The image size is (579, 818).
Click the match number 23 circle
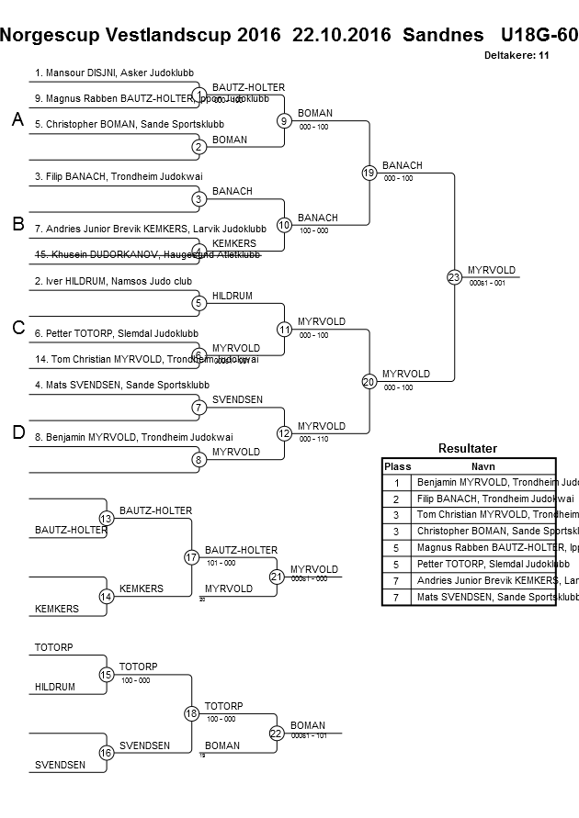coord(454,276)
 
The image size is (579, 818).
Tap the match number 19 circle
coord(369,172)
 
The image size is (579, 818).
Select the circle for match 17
coord(191,556)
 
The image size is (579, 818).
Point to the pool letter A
coord(17,120)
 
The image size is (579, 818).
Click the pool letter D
coord(17,433)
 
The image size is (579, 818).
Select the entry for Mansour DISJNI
coord(114,73)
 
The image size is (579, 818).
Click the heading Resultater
coord(468,449)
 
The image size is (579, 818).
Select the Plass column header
coord(397,466)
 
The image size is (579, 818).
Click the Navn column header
coord(482,466)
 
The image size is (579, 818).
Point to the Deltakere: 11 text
coord(517,56)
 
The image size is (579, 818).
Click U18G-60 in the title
coord(539,35)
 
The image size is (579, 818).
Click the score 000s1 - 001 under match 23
coord(487,284)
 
